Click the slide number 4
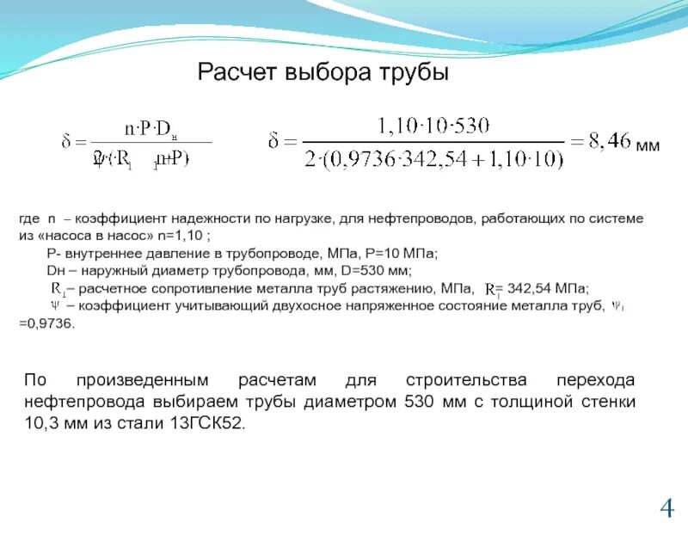click(x=666, y=509)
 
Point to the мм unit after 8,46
click(x=647, y=146)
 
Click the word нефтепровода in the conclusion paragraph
click(x=72, y=403)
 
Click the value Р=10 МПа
click(x=407, y=252)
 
